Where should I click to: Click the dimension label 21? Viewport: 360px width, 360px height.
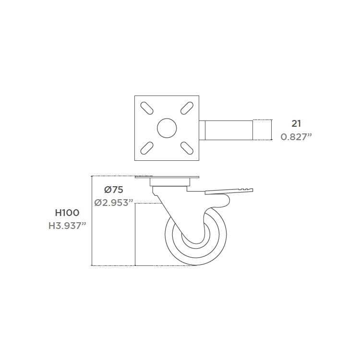[x=296, y=124]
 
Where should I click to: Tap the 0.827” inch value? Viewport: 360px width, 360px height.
[x=296, y=137]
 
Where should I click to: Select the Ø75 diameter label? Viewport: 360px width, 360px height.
[x=114, y=190]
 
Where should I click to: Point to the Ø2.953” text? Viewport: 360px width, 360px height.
[x=114, y=203]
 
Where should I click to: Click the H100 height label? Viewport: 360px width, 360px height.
[x=67, y=213]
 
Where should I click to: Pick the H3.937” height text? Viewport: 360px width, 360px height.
[x=67, y=226]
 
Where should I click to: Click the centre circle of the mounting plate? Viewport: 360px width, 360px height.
[x=167, y=128]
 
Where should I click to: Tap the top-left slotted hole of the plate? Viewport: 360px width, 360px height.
[x=147, y=108]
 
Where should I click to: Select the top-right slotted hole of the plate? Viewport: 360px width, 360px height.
[x=187, y=108]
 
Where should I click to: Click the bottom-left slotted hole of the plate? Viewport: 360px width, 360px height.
[x=147, y=148]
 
